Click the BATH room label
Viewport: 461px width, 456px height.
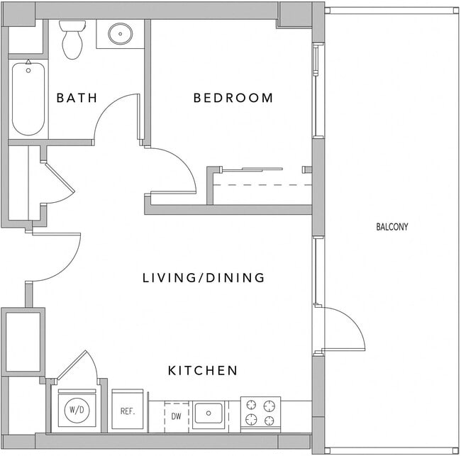point(77,98)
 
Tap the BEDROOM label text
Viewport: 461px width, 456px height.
point(233,98)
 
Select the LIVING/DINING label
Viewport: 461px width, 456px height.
point(204,278)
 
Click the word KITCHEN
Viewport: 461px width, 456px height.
point(202,370)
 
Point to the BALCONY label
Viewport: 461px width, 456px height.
point(392,227)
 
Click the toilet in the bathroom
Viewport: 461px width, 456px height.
point(72,40)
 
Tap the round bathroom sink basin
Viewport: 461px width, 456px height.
point(120,33)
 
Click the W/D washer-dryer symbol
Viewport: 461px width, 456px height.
point(75,411)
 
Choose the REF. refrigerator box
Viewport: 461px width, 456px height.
point(128,411)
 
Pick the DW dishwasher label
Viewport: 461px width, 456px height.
point(176,416)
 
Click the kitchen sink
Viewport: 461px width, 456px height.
point(209,413)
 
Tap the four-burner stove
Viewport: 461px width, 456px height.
point(260,413)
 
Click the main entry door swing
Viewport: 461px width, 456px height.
point(60,260)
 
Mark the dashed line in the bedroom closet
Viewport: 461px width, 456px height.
point(262,185)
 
